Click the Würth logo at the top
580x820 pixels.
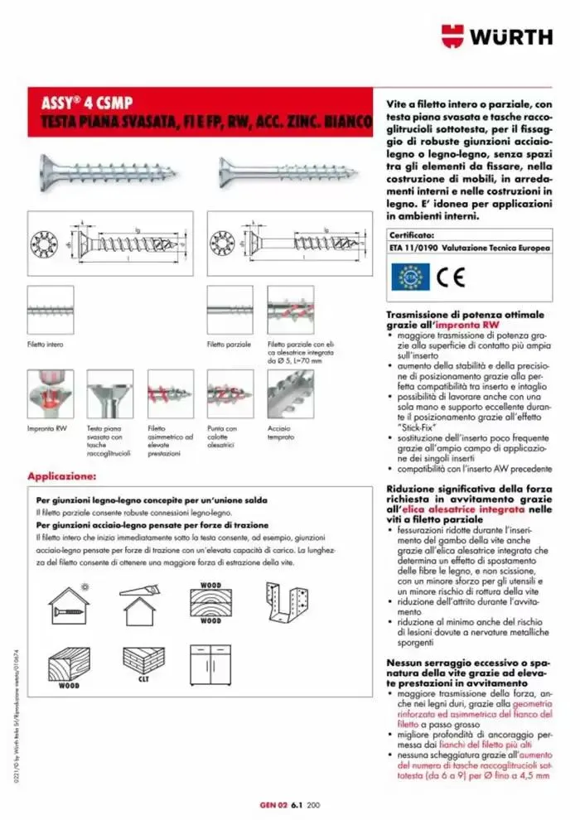point(496,36)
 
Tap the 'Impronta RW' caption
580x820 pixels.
point(46,428)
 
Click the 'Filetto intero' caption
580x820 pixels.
point(46,343)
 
